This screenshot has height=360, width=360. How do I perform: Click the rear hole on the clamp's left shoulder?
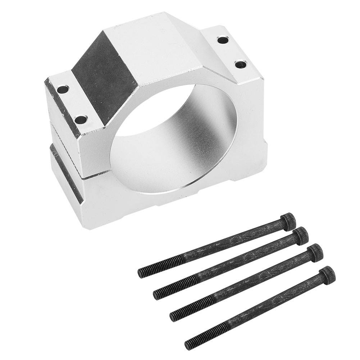click(63, 88)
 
